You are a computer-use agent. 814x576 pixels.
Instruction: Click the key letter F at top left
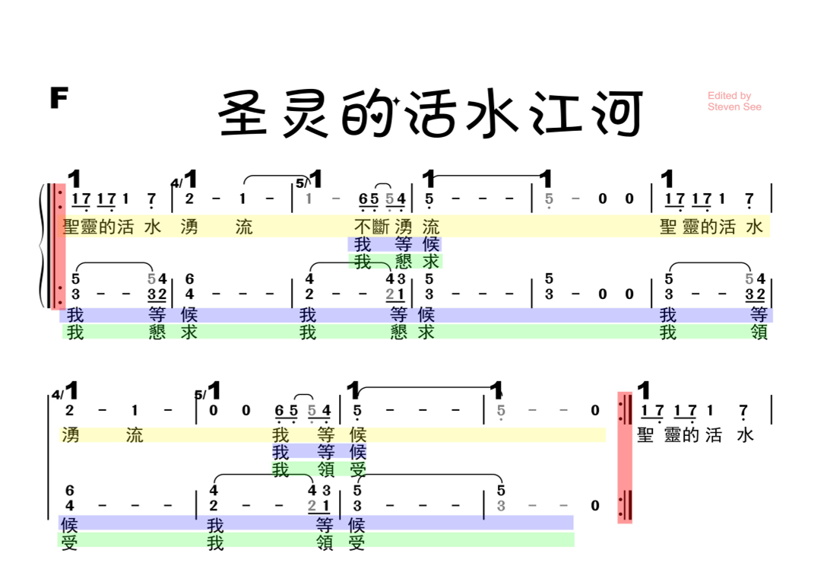point(59,98)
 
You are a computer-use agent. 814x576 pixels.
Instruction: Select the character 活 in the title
point(431,115)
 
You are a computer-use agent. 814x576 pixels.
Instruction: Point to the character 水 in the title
point(492,115)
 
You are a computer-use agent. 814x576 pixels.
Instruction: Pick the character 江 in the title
point(553,115)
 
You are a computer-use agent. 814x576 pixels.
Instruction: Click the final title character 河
point(614,115)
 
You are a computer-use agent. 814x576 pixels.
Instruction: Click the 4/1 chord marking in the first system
point(185,180)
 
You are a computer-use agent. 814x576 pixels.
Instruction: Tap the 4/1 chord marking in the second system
point(65,392)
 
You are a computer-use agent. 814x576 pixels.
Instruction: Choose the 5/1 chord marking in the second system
point(208,392)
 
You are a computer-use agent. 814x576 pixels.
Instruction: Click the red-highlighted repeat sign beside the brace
point(58,246)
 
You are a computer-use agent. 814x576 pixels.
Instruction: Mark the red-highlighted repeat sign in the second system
point(625,457)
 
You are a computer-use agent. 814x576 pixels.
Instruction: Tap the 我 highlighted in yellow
point(280,435)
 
